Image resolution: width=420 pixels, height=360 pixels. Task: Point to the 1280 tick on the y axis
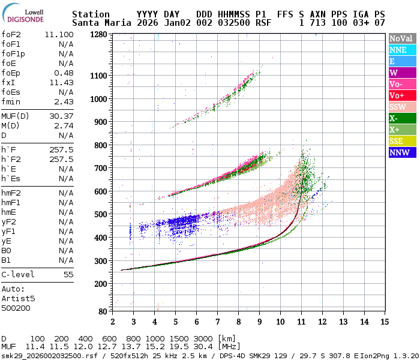98,34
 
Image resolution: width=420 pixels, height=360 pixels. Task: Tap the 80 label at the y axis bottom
103,311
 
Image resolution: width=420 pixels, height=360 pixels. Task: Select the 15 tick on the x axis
384,322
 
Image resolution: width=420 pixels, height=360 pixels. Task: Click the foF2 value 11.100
59,35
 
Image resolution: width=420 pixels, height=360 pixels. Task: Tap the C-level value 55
68,275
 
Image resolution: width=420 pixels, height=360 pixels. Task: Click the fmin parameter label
11,102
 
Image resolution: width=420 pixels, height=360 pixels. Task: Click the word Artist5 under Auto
18,298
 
